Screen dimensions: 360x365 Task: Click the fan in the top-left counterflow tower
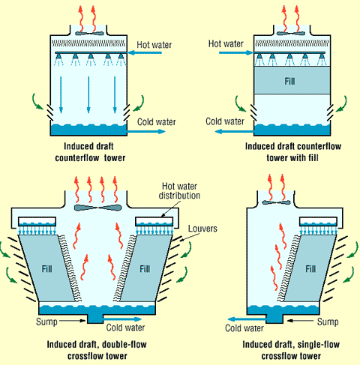coord(88,33)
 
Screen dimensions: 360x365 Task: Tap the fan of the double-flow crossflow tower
coord(97,208)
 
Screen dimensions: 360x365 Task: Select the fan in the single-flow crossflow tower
coord(276,202)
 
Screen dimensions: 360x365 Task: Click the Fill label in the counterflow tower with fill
coord(289,81)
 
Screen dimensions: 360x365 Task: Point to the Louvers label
coord(202,229)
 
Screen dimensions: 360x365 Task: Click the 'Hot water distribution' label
coord(179,191)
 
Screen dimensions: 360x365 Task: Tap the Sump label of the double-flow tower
coord(46,322)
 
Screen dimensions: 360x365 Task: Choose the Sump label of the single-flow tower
coord(328,322)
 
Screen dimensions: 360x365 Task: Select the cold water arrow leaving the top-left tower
coord(146,131)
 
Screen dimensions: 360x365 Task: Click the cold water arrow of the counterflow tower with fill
coord(235,131)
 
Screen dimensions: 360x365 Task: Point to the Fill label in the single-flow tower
coord(310,269)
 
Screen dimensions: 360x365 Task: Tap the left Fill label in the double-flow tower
coord(47,269)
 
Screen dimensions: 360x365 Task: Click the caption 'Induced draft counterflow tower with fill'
coord(293,152)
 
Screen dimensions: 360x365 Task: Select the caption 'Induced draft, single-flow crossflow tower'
coord(291,350)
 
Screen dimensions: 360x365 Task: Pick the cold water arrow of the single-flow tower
coord(247,319)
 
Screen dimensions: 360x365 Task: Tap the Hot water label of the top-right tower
coord(226,43)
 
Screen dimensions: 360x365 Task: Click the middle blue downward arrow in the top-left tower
coord(88,94)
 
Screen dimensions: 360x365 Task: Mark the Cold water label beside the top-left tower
coord(157,122)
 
